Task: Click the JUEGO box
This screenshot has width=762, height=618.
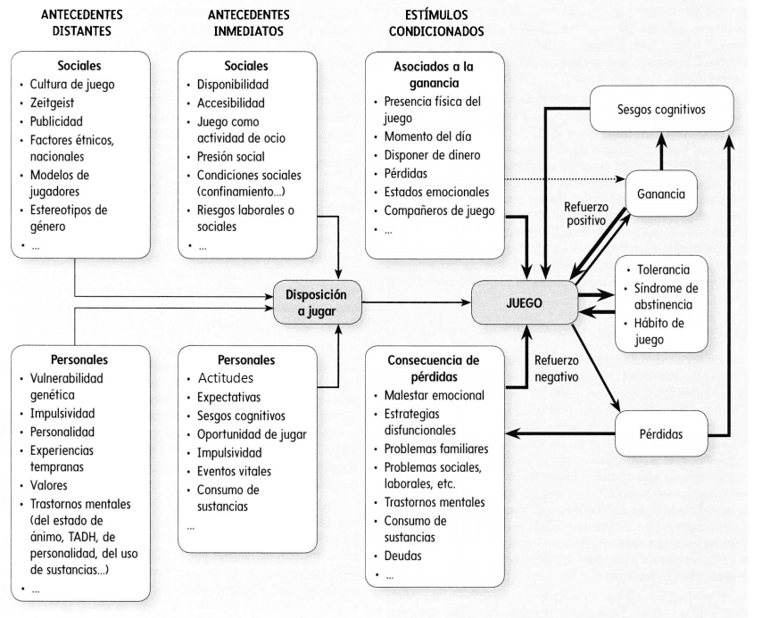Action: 525,302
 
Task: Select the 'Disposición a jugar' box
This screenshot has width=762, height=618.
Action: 317,302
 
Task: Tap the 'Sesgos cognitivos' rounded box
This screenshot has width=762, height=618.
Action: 661,109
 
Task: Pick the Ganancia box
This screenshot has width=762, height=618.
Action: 661,194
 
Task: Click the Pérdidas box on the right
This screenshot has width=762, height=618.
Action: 661,433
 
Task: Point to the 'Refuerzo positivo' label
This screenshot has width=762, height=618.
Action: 586,214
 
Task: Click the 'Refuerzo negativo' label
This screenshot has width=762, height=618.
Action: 557,368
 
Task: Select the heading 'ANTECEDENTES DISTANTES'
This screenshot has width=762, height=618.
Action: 82,23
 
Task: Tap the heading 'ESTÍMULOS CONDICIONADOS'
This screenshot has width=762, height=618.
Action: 436,23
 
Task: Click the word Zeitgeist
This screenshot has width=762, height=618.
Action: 52,103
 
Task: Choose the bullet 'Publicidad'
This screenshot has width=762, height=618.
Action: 56,121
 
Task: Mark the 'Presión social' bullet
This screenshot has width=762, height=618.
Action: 231,156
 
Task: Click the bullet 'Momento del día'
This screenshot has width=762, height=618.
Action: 427,136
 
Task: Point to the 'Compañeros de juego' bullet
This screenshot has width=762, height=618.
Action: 439,210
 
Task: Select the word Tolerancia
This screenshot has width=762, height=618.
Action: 663,269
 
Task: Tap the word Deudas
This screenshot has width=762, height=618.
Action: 403,556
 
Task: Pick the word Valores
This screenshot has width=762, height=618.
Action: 48,485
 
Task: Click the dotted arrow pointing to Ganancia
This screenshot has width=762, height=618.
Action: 565,179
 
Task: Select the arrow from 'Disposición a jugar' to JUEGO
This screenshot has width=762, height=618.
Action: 417,302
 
